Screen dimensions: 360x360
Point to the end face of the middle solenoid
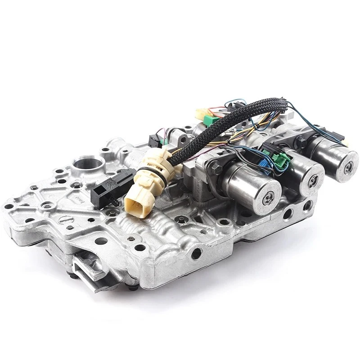[312, 179]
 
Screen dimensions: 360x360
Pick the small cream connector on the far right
[345, 142]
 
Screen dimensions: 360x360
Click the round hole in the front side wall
[196, 254]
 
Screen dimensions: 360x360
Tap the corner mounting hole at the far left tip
[8, 207]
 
